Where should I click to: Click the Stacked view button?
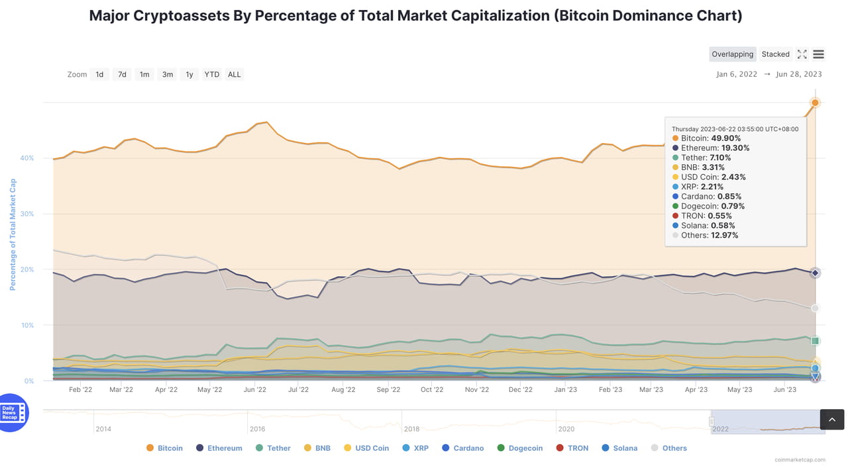click(775, 54)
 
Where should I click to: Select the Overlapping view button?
click(732, 54)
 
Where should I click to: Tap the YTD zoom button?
click(211, 74)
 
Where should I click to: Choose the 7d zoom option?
click(122, 74)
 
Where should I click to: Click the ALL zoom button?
click(235, 74)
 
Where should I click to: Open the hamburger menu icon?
click(818, 54)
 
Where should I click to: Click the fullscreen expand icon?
click(802, 54)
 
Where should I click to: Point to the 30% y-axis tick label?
click(26, 214)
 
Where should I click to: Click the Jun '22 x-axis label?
click(254, 390)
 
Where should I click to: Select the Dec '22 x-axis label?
click(521, 390)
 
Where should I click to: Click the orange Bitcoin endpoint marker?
click(815, 103)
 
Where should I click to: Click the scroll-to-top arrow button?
click(832, 420)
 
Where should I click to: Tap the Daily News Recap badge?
click(13, 413)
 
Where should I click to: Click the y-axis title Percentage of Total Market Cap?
click(13, 234)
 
